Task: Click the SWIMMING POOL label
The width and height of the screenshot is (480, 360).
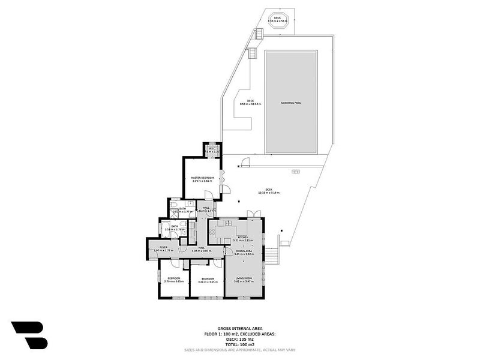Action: pyautogui.click(x=291, y=103)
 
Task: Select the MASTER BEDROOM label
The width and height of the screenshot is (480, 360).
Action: pyautogui.click(x=203, y=178)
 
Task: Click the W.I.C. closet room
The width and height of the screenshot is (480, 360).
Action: pyautogui.click(x=212, y=149)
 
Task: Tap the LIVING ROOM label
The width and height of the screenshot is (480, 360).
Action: pyautogui.click(x=243, y=278)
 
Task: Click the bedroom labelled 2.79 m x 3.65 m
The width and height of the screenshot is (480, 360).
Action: pyautogui.click(x=174, y=280)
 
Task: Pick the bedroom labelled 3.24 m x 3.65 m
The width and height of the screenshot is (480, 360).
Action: pyautogui.click(x=208, y=280)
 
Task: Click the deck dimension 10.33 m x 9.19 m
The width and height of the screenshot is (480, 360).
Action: pyautogui.click(x=269, y=193)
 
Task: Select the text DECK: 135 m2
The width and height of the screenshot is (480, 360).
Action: pyautogui.click(x=239, y=339)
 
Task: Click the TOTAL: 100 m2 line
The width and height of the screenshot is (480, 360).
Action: pyautogui.click(x=239, y=344)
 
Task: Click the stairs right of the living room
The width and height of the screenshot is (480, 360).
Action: pyautogui.click(x=272, y=256)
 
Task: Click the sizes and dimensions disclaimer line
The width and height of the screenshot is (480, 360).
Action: pyautogui.click(x=239, y=349)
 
